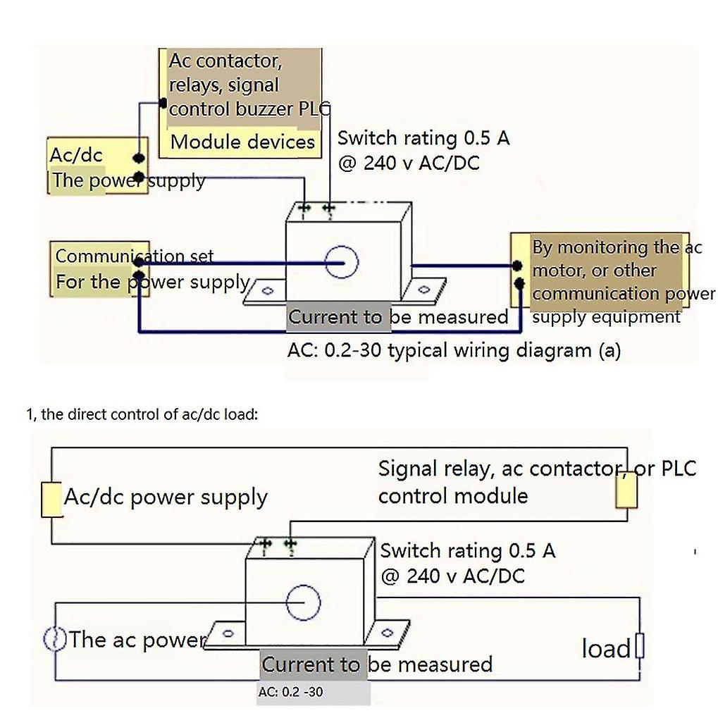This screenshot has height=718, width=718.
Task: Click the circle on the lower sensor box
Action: pyautogui.click(x=304, y=603)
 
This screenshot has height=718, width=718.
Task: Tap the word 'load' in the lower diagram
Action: pyautogui.click(x=605, y=648)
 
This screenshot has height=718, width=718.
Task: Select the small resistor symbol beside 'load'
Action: pyautogui.click(x=639, y=645)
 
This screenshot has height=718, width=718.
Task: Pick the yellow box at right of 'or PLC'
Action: pyautogui.click(x=626, y=490)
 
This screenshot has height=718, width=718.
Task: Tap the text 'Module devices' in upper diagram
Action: pyautogui.click(x=242, y=142)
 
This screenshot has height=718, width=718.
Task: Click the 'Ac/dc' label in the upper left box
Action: pyautogui.click(x=75, y=155)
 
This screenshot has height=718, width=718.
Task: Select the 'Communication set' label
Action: pyautogui.click(x=134, y=256)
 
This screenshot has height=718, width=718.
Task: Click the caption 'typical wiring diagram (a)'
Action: pyautogui.click(x=504, y=350)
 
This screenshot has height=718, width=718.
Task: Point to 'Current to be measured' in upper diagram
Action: pyautogui.click(x=397, y=317)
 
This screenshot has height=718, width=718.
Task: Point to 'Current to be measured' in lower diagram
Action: pyautogui.click(x=376, y=664)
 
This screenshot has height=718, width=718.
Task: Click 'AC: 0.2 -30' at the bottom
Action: pyautogui.click(x=290, y=692)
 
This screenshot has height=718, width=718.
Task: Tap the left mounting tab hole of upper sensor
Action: pyautogui.click(x=268, y=290)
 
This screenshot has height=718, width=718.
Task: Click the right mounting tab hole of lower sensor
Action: pyautogui.click(x=388, y=632)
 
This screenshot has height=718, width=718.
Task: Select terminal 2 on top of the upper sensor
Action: pyautogui.click(x=329, y=209)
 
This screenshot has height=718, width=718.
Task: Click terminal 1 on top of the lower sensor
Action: pyautogui.click(x=266, y=544)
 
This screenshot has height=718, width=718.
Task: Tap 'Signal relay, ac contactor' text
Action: pyautogui.click(x=497, y=469)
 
